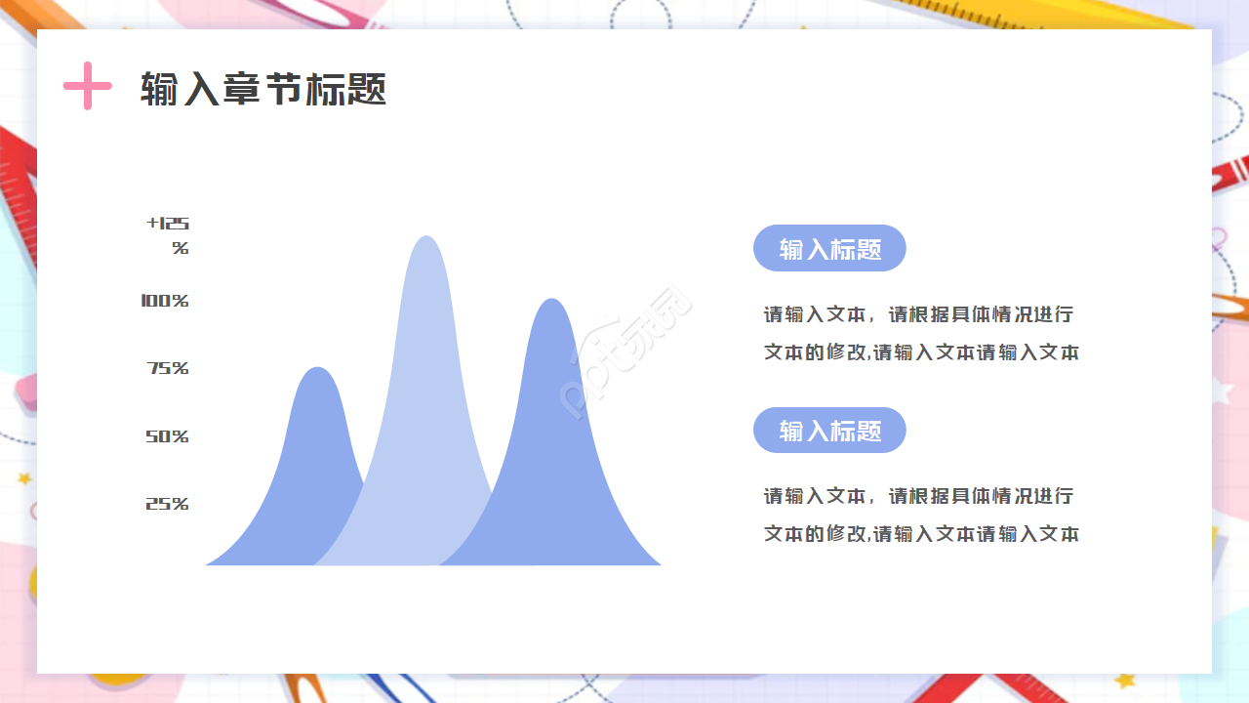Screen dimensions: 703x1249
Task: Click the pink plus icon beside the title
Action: [88, 86]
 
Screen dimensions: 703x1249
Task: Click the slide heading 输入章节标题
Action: [263, 89]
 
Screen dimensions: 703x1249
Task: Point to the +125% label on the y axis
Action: [169, 235]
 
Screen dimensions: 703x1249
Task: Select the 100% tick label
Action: [165, 301]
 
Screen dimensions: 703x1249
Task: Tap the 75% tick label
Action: [168, 368]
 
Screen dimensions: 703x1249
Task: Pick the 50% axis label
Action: [167, 436]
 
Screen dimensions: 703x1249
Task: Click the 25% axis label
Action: [167, 504]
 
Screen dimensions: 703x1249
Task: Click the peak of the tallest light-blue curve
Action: [425, 240]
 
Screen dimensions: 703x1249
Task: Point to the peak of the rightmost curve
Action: [552, 303]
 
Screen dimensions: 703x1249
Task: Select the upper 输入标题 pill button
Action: [829, 248]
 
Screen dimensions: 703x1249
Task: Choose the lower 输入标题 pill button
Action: [829, 431]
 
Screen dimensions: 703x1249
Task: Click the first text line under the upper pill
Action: [918, 314]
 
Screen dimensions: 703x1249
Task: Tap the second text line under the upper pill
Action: [921, 352]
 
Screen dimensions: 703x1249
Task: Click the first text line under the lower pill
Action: [918, 496]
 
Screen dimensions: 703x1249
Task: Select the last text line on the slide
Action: [921, 534]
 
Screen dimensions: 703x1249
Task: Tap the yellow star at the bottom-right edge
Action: [1127, 680]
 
